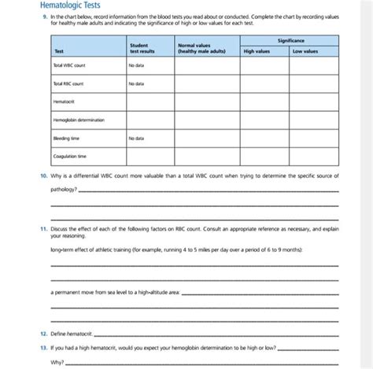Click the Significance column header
click(290, 39)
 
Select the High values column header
click(257, 51)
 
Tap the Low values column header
click(305, 51)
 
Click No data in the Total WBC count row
click(136, 65)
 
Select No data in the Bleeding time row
click(136, 138)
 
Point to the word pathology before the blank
click(65, 190)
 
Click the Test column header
click(59, 51)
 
